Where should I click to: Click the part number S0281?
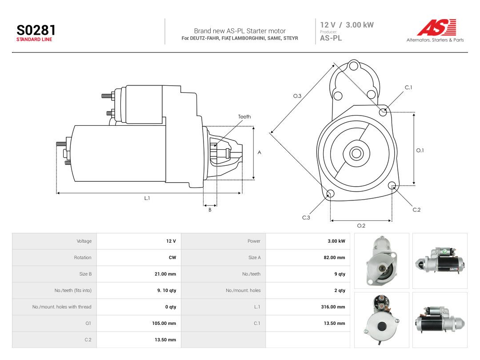tap(36, 30)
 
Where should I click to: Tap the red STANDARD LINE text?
tap(34, 40)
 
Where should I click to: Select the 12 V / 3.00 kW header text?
tap(347, 25)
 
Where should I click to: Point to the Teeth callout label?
tap(244, 116)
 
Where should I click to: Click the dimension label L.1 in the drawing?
tap(147, 198)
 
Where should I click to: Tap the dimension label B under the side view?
tap(210, 210)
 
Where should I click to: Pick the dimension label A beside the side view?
tap(259, 152)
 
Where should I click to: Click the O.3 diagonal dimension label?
tap(297, 96)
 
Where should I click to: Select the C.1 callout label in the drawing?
tap(408, 88)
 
